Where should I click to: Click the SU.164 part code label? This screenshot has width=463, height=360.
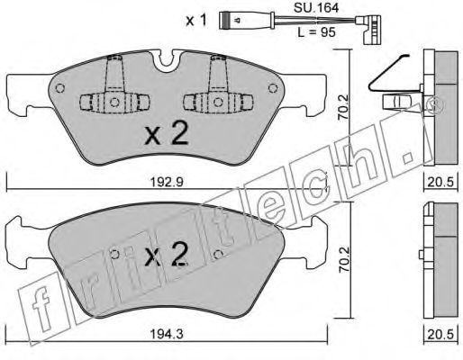coord(316,8)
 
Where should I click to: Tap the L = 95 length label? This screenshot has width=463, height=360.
coord(316,32)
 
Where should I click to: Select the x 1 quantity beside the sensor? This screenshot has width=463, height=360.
coord(196,21)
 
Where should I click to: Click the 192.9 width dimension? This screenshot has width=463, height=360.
coord(166,182)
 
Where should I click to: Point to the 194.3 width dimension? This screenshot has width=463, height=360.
coord(166,334)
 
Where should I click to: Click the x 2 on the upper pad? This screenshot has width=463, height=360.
coord(167,134)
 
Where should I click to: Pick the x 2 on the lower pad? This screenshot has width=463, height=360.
coord(166,255)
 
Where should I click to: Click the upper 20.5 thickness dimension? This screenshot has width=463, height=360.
coord(440,182)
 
